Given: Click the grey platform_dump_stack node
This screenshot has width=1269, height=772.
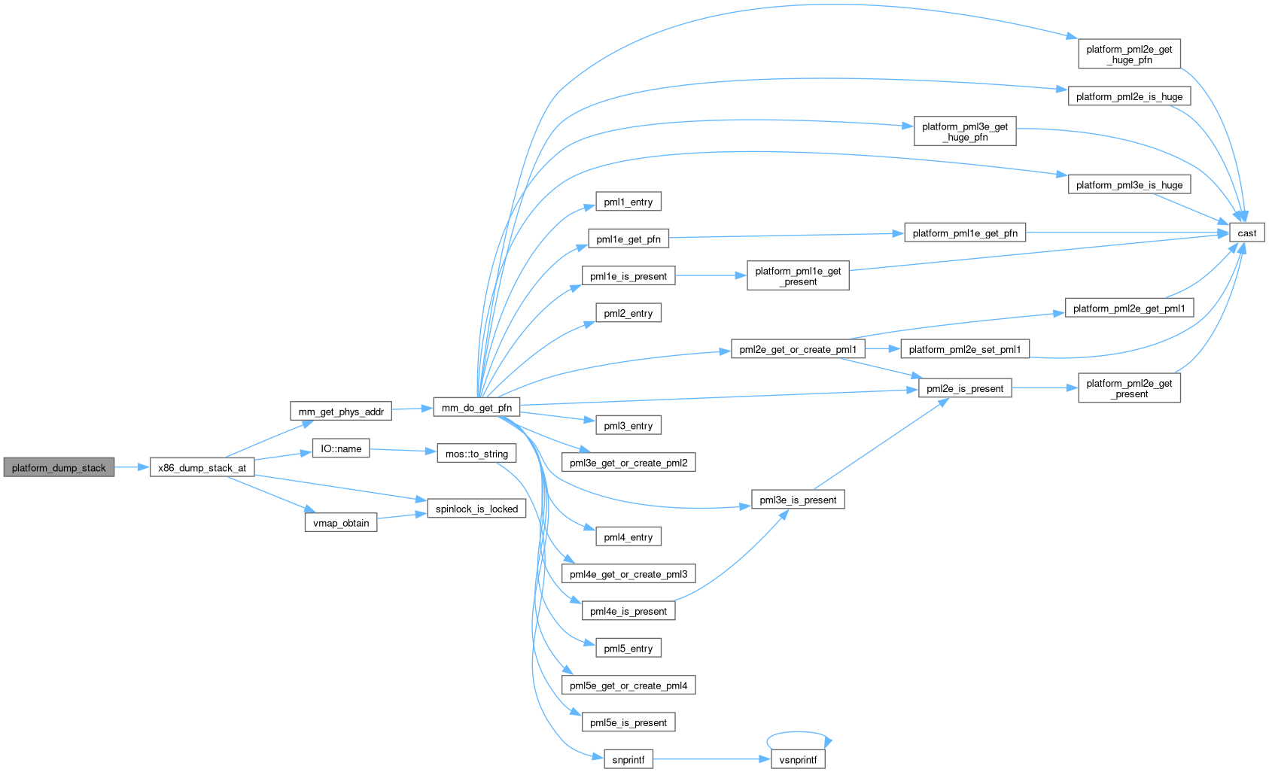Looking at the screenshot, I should tap(59, 467).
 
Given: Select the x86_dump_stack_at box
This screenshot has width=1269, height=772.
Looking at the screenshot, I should tap(202, 467).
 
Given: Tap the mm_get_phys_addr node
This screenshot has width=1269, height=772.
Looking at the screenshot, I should tap(341, 412).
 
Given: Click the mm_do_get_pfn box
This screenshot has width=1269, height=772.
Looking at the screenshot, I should tap(476, 408).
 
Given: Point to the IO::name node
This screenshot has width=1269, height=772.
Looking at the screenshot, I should tap(341, 448).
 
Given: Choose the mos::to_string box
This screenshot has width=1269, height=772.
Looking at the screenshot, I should tap(476, 454).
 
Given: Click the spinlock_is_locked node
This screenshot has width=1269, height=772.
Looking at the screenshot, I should tap(476, 509).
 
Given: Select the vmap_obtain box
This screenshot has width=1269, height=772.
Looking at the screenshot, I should tap(341, 523).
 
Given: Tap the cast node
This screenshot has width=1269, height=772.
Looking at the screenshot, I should tap(1246, 233).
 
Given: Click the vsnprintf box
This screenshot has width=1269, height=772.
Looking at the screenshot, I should tap(798, 759).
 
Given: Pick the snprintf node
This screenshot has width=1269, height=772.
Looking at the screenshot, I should tap(628, 759).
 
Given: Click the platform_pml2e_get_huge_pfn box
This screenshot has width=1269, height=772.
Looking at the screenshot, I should tap(1129, 54).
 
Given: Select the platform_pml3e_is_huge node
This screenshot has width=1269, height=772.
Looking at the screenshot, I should tap(1129, 185).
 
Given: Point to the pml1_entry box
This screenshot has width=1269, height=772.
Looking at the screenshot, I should tap(628, 202).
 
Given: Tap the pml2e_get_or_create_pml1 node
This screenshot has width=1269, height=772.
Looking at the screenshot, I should tap(798, 349).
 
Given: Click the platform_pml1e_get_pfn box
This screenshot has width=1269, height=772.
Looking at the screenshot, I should tap(965, 233).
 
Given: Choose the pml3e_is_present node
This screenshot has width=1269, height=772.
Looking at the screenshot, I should tap(798, 500).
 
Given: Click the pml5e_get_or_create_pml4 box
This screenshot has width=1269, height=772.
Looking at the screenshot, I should tap(628, 685).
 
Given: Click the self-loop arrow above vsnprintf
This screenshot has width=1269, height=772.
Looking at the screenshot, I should tap(799, 732).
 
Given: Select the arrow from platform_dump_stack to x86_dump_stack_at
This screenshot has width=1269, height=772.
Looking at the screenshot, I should tap(132, 467).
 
